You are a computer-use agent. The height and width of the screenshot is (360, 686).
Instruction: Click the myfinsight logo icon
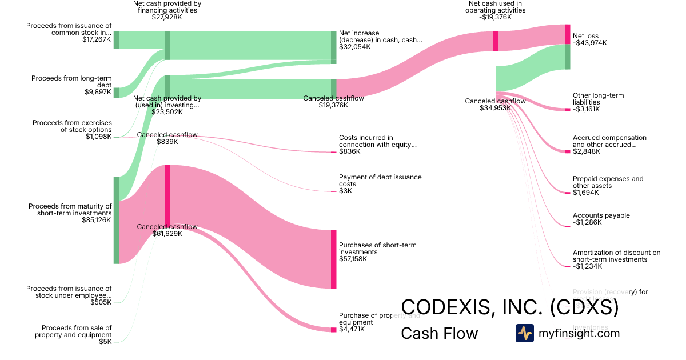tap(524, 333)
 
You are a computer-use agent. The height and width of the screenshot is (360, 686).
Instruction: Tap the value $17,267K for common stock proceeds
tap(97, 40)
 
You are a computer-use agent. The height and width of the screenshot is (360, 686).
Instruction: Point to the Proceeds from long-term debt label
tap(71, 81)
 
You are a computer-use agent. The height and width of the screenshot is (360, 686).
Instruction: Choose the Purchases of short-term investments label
tap(377, 248)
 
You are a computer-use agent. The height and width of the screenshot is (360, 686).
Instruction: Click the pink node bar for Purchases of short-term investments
tap(333, 259)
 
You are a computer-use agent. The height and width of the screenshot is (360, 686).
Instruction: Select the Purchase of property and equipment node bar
tap(333, 330)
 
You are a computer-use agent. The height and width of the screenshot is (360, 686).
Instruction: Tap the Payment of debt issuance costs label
tap(380, 181)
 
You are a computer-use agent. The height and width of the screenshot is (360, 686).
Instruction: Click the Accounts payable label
tap(601, 215)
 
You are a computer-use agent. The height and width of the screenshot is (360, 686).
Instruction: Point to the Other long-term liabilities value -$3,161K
tap(587, 109)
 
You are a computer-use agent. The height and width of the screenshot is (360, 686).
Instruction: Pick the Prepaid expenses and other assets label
tap(608, 182)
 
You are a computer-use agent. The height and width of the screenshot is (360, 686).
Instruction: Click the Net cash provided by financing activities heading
tap(166, 6)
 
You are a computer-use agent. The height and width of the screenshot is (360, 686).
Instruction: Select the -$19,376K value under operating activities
tap(496, 17)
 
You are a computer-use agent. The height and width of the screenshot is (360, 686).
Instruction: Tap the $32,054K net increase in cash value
tap(354, 47)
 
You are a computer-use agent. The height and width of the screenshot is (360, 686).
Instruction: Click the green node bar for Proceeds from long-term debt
tap(116, 93)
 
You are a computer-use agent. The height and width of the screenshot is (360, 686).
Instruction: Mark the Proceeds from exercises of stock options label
tap(72, 126)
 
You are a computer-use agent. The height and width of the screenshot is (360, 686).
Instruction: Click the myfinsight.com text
tap(579, 333)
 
